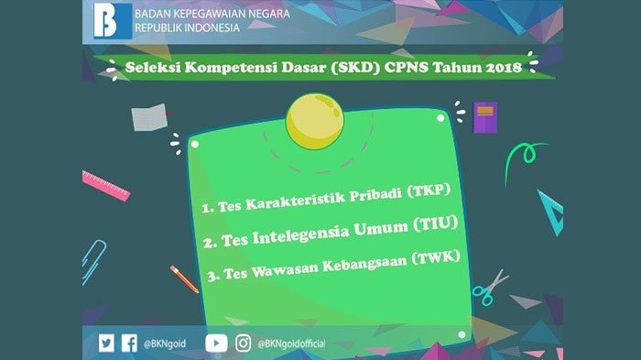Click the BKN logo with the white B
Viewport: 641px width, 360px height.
113,21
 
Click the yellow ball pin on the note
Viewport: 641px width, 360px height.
315,122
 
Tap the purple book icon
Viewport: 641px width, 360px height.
485,117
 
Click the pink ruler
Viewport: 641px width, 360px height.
106,186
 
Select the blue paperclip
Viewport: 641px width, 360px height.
93,261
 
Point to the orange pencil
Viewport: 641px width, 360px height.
184,279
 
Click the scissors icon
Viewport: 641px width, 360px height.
490,288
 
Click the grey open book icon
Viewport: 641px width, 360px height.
149,117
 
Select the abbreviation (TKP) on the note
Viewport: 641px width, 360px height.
429,191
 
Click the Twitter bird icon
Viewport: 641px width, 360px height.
106,343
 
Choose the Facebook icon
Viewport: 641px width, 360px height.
129,343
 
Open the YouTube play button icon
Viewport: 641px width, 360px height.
216,344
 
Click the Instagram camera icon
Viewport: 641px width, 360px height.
244,344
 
